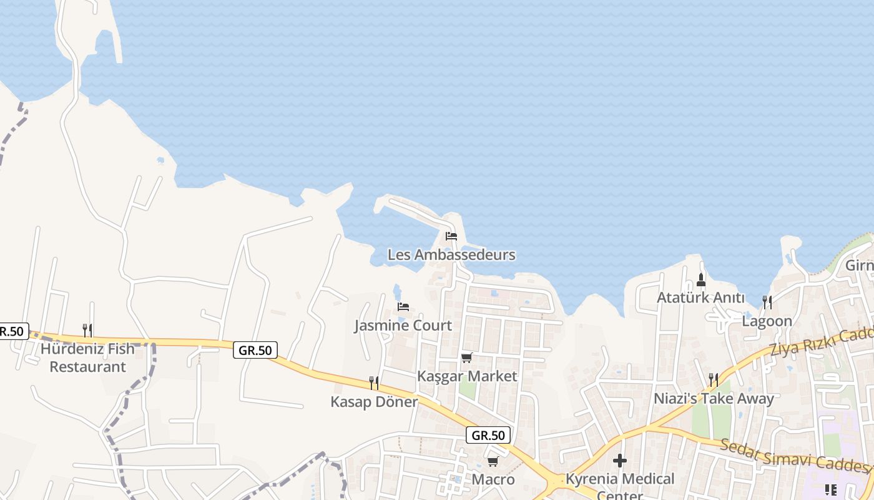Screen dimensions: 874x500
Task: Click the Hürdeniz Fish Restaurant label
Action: (x=88, y=357)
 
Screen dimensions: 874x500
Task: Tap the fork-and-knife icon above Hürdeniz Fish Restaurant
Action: (x=88, y=330)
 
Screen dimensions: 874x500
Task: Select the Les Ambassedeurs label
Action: (x=451, y=255)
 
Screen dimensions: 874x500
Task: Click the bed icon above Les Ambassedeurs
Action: (x=451, y=236)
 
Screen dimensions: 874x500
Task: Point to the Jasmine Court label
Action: (x=403, y=326)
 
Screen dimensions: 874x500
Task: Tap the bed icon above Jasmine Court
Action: (x=403, y=307)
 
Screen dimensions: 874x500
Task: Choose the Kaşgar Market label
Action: (x=467, y=376)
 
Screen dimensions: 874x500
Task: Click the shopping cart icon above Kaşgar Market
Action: (x=466, y=357)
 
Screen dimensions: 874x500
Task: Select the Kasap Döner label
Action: (x=374, y=402)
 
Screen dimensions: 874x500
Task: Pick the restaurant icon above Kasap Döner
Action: (x=374, y=382)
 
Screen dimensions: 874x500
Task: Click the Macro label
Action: (x=493, y=479)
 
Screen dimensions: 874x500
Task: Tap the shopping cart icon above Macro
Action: (x=493, y=461)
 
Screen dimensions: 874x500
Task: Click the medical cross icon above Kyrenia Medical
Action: (x=620, y=461)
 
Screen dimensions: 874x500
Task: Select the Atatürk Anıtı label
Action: (x=700, y=297)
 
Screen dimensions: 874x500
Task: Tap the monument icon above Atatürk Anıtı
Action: (x=700, y=279)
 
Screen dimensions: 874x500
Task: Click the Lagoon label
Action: (x=767, y=321)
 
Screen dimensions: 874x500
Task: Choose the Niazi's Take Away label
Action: (x=714, y=399)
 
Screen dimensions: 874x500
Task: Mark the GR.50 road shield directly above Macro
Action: (x=488, y=436)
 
